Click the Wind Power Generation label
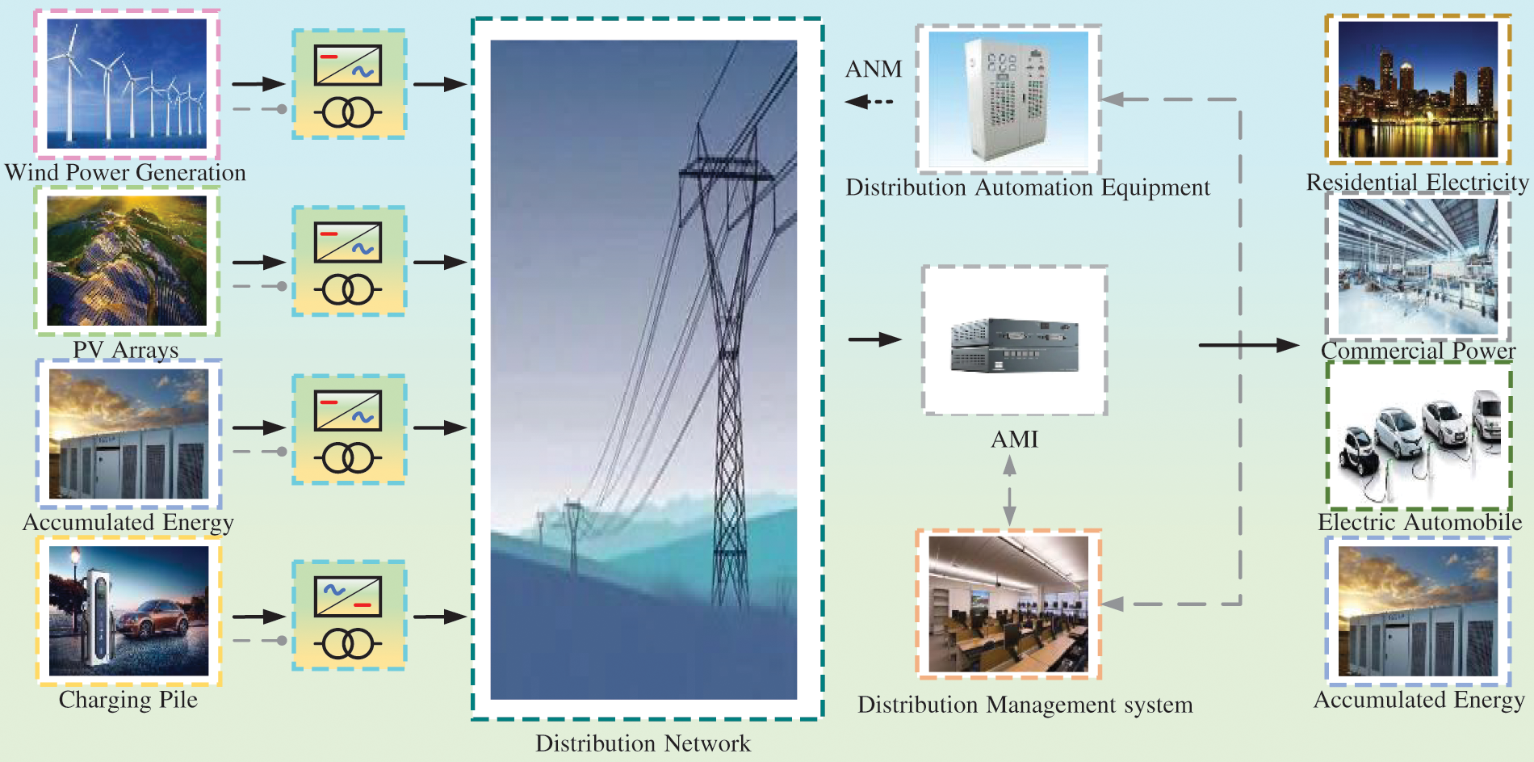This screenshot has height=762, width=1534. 125,172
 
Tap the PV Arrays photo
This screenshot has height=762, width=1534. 127,261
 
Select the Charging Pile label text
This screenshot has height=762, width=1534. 128,699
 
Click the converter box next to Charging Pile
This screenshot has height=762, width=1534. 348,615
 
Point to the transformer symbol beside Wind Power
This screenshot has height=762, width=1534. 348,113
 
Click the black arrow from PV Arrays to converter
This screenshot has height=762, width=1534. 258,262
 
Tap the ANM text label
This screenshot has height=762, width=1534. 874,69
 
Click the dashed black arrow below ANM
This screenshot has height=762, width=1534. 869,102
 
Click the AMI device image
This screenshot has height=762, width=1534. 1014,345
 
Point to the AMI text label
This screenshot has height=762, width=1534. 1014,440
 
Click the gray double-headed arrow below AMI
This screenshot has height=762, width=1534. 1009,490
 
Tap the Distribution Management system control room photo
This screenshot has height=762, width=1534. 1008,604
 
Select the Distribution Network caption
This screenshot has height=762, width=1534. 643,743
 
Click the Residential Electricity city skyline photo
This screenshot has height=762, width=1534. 1418,89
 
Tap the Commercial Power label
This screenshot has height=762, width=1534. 1418,351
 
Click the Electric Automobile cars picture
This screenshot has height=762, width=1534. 1419,436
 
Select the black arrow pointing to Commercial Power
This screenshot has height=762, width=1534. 1247,345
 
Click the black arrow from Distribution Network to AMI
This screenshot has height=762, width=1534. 874,339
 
